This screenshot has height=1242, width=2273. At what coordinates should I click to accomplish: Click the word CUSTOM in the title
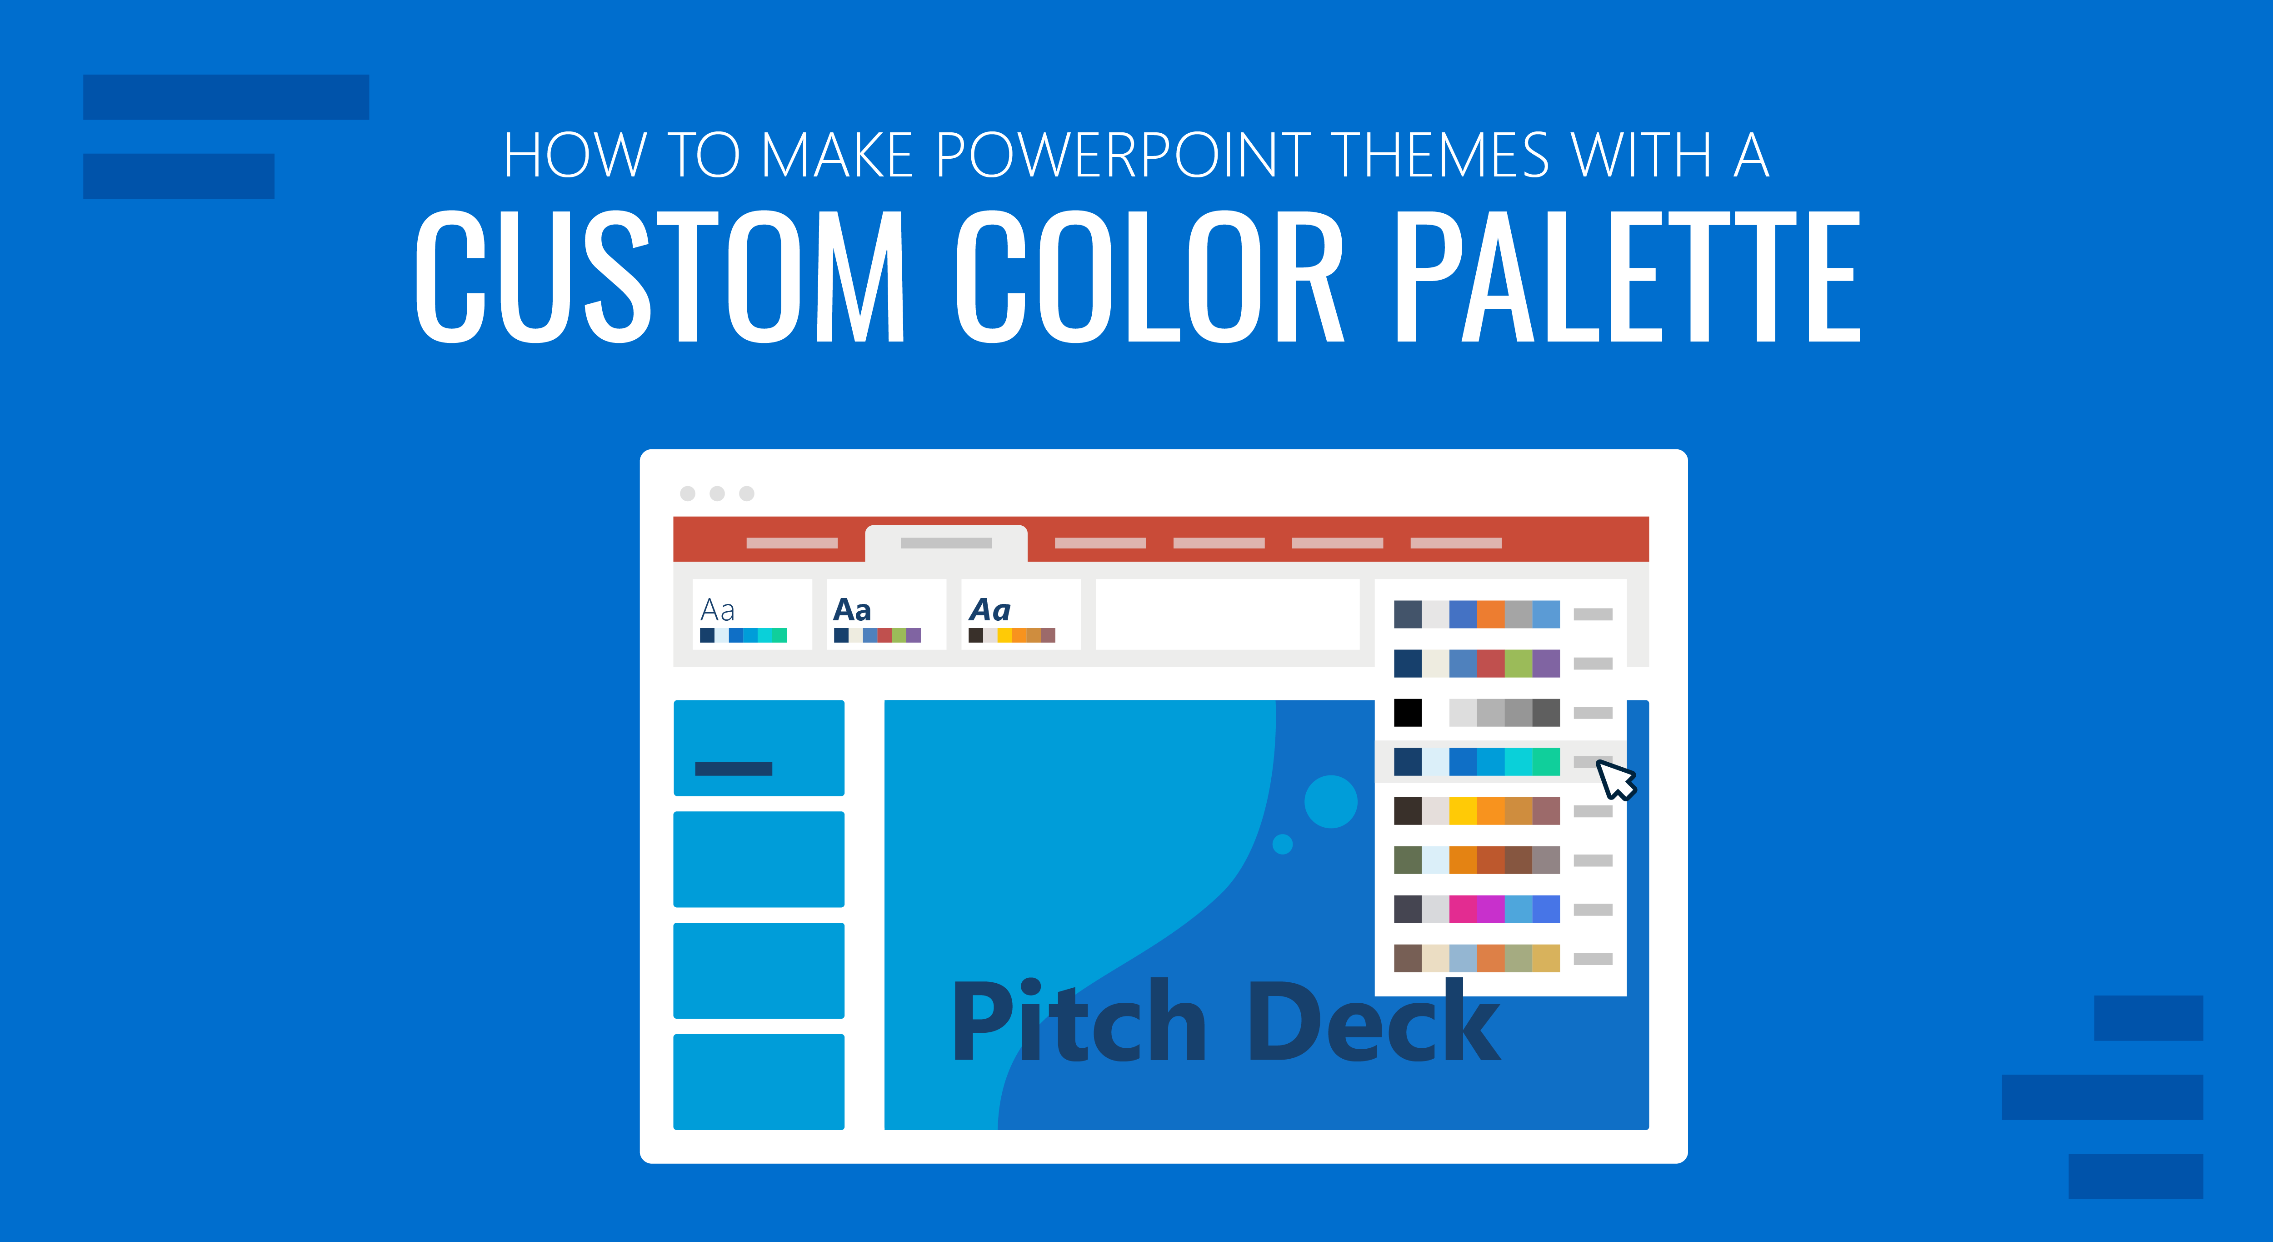(660, 277)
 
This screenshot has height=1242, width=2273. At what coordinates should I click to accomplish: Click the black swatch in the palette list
(1408, 712)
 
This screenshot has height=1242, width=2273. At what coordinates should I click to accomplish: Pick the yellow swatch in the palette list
(1463, 810)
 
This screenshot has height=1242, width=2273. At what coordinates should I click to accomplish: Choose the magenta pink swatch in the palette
(1463, 909)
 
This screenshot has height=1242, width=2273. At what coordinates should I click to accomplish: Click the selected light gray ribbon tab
(946, 543)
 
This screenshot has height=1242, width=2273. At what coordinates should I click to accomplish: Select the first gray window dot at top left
(687, 493)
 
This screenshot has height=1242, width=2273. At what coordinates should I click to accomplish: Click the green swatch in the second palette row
(1518, 663)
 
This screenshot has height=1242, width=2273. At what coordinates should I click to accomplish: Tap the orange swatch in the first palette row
(1490, 613)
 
